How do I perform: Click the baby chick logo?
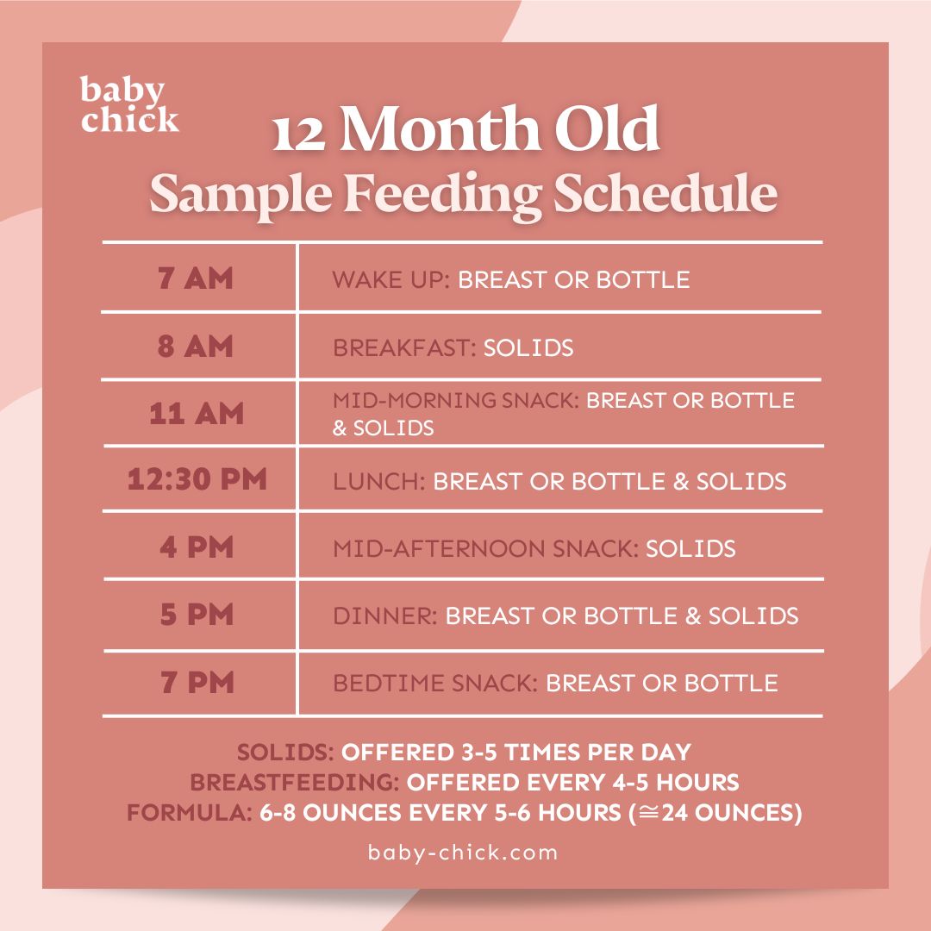pyautogui.click(x=129, y=104)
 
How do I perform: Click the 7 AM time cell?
pyautogui.click(x=197, y=279)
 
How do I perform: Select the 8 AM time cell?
pyautogui.click(x=197, y=347)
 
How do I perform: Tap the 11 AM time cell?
pyautogui.click(x=197, y=413)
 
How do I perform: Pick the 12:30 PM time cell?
pyautogui.click(x=197, y=479)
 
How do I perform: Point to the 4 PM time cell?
pyautogui.click(x=197, y=548)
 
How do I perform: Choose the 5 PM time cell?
pyautogui.click(x=197, y=615)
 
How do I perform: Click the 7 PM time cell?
pyautogui.click(x=197, y=684)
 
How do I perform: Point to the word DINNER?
pyautogui.click(x=384, y=616)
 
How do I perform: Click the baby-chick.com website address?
pyautogui.click(x=463, y=853)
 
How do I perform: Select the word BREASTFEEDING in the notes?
pyautogui.click(x=293, y=783)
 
